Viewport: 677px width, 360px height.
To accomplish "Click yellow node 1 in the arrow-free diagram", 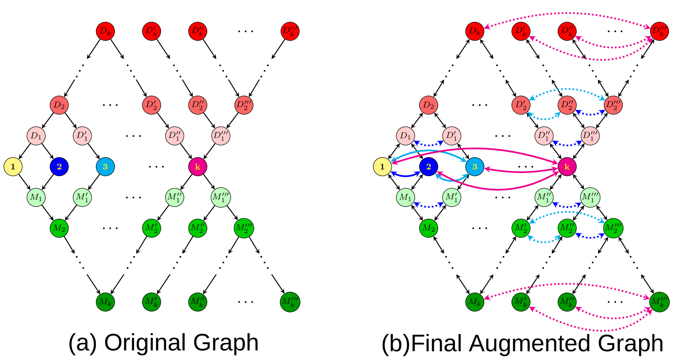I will click(x=13, y=167).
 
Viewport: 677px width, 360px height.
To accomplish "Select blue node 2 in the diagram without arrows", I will click(x=59, y=167).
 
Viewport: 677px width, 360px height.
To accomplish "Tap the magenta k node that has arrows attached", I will click(x=567, y=167).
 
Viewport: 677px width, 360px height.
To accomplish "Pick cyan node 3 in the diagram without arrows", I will click(x=105, y=167).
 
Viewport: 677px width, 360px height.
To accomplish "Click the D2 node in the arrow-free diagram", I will click(x=59, y=105).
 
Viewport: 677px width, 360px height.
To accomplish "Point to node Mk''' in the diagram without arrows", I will click(x=290, y=302).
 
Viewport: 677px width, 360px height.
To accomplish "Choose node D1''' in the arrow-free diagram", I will click(x=221, y=136).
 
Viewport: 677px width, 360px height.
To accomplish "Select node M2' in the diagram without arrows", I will click(x=152, y=228).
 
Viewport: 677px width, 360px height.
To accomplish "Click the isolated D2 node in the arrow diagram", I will click(x=429, y=105).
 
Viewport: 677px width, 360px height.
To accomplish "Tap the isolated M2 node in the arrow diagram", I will click(x=429, y=228).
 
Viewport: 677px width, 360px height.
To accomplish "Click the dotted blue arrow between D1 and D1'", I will click(x=429, y=145).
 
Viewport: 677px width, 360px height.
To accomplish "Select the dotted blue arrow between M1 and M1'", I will click(x=429, y=206).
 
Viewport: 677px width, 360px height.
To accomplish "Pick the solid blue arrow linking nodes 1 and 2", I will click(x=405, y=176).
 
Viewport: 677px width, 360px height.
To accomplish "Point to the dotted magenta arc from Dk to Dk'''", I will click(x=567, y=13).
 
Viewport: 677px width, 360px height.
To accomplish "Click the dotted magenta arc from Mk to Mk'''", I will click(x=567, y=284).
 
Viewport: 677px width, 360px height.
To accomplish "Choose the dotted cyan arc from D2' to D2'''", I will click(x=567, y=89).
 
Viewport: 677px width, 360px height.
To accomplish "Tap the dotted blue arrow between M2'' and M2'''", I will click(x=590, y=237).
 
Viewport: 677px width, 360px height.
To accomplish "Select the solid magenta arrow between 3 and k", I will click(x=521, y=172).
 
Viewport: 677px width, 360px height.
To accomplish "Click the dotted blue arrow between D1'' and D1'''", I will click(x=567, y=145).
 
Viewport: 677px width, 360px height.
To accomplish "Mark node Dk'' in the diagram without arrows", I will click(x=198, y=31).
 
